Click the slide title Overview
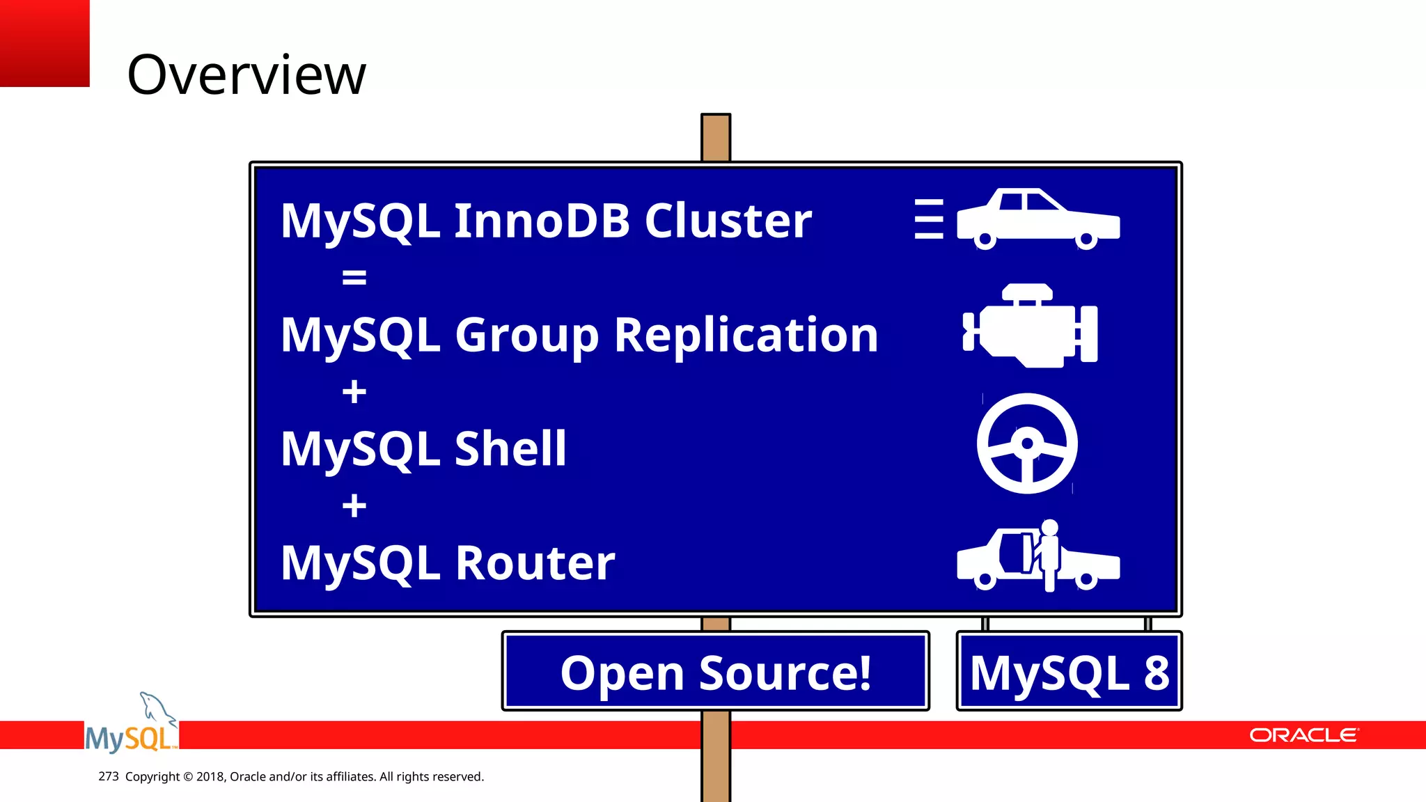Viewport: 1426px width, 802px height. pos(246,74)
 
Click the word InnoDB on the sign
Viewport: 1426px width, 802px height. pos(542,221)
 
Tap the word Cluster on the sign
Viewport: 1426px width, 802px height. pos(728,221)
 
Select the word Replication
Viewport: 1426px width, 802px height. pos(746,335)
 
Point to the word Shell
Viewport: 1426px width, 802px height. pos(510,448)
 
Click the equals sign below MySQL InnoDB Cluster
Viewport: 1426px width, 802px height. pos(354,278)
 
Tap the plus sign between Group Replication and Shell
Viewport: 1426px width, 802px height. pos(354,391)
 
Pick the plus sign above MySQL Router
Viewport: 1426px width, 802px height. pos(354,505)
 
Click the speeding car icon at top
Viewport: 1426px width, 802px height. pos(1037,218)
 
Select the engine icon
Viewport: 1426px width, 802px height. pos(1031,326)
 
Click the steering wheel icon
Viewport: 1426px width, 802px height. pos(1027,443)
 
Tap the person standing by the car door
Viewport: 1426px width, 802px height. pos(1049,553)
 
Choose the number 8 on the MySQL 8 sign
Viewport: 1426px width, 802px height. pos(1156,673)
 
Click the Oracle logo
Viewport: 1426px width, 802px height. pos(1303,735)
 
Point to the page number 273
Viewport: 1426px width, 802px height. pos(109,776)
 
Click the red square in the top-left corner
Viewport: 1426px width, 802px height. pos(45,43)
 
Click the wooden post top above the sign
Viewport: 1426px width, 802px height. pos(716,137)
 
